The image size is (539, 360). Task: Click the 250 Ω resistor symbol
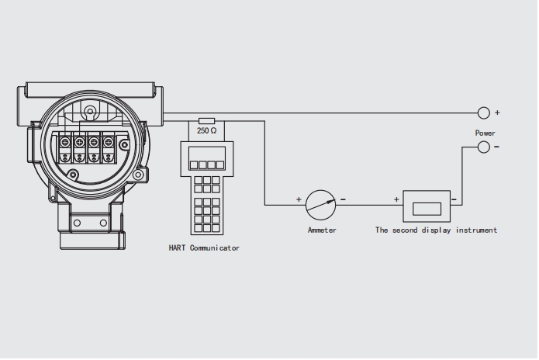coord(207,121)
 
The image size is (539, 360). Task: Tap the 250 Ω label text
coord(207,132)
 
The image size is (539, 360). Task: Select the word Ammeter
coord(322,230)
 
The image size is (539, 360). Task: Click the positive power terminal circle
coord(484,112)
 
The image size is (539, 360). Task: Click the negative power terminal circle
coord(484,147)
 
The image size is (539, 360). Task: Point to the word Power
coord(485,133)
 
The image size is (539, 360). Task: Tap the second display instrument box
coord(427,206)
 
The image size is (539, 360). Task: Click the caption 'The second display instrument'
coord(436,230)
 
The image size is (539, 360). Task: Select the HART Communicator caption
coord(204,248)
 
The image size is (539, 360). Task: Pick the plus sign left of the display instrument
coord(397,200)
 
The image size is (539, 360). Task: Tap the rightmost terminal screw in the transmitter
coord(108,142)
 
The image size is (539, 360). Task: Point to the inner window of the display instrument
coord(427,207)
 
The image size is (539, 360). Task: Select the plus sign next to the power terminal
coord(497,112)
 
